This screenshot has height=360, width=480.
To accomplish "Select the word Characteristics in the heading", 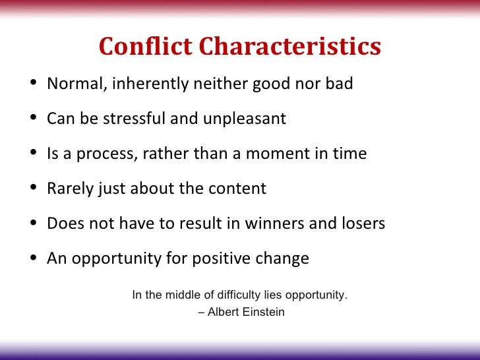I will tap(290, 47).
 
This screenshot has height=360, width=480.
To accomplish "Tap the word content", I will tap(237, 189).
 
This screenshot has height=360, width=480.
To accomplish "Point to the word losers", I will tap(363, 224).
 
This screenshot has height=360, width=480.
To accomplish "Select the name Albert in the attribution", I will tap(224, 312).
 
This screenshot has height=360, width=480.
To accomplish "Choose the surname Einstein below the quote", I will tap(264, 312).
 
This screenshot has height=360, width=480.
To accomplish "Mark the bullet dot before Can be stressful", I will tap(34, 120).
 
